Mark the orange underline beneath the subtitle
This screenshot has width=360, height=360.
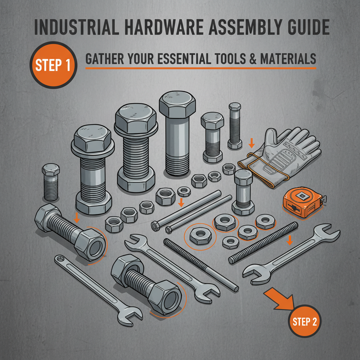[x=200, y=68]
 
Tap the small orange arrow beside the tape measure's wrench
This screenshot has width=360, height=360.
[x=290, y=240]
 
